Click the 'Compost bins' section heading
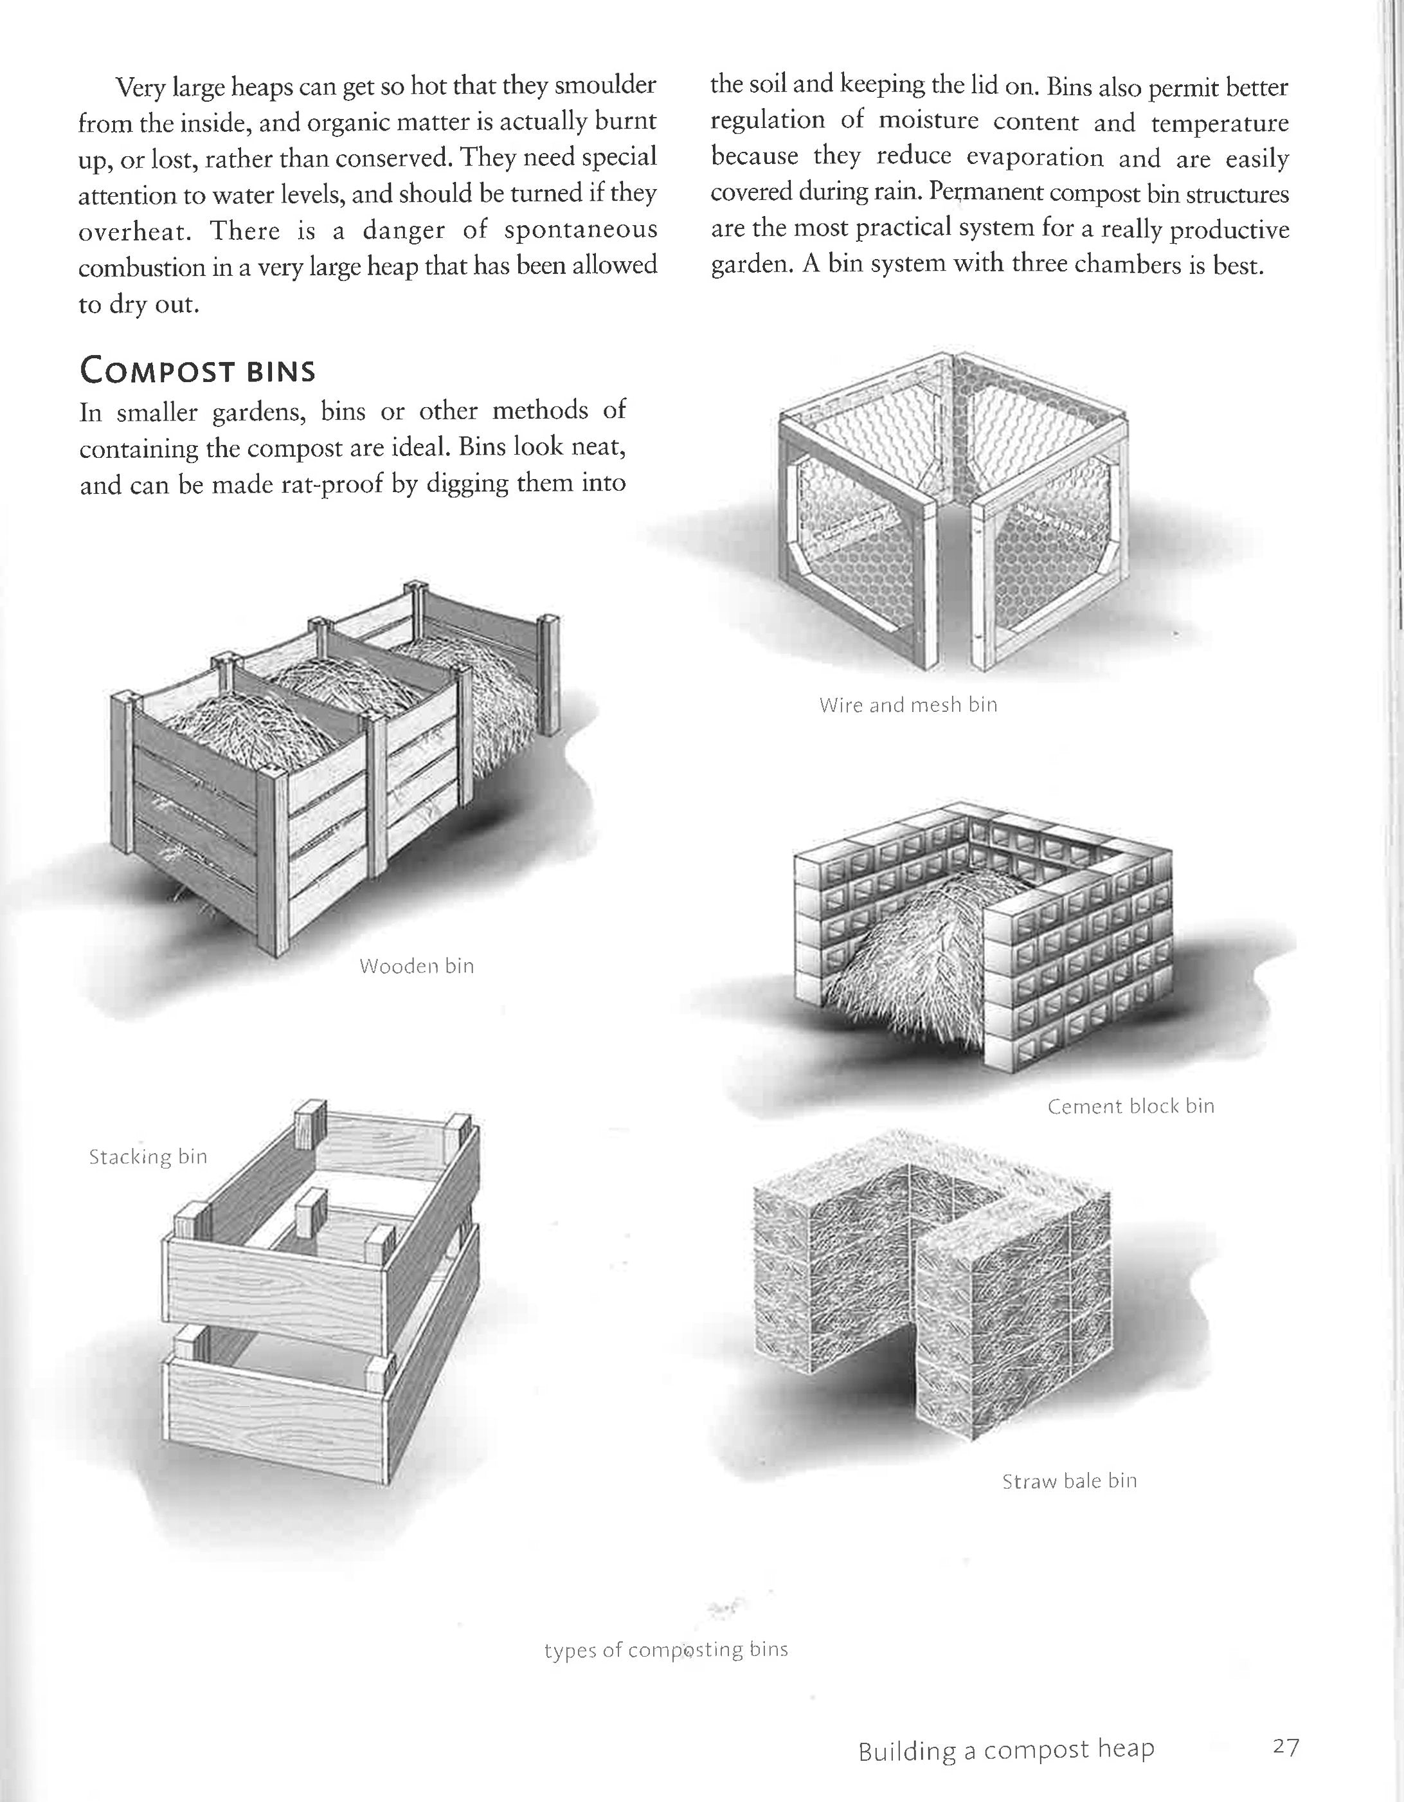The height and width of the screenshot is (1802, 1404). (197, 370)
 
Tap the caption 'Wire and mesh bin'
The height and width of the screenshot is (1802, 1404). (908, 705)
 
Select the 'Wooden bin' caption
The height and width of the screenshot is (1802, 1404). (417, 965)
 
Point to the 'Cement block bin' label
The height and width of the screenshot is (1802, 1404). (1130, 1106)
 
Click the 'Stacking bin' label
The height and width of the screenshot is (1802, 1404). (148, 1157)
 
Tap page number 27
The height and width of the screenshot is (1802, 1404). (1285, 1746)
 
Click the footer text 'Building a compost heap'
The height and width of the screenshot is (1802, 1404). (1005, 1749)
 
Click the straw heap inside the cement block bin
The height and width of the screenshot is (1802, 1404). (908, 949)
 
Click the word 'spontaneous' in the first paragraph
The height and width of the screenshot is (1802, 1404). (580, 230)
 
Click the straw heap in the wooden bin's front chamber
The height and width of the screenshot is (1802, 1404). (248, 726)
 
